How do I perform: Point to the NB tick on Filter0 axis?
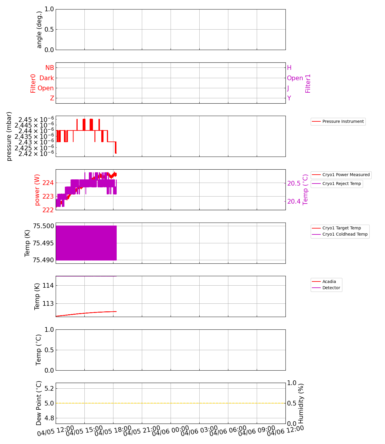50,68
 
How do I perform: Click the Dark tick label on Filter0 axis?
47,78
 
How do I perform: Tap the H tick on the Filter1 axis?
289,68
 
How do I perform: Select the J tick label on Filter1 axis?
288,88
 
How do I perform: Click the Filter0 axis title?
33,83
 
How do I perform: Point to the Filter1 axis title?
308,83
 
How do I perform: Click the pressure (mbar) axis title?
9,136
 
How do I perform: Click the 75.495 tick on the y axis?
44,243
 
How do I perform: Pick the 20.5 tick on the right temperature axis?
294,184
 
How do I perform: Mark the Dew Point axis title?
39,403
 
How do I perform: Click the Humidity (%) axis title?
301,403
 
